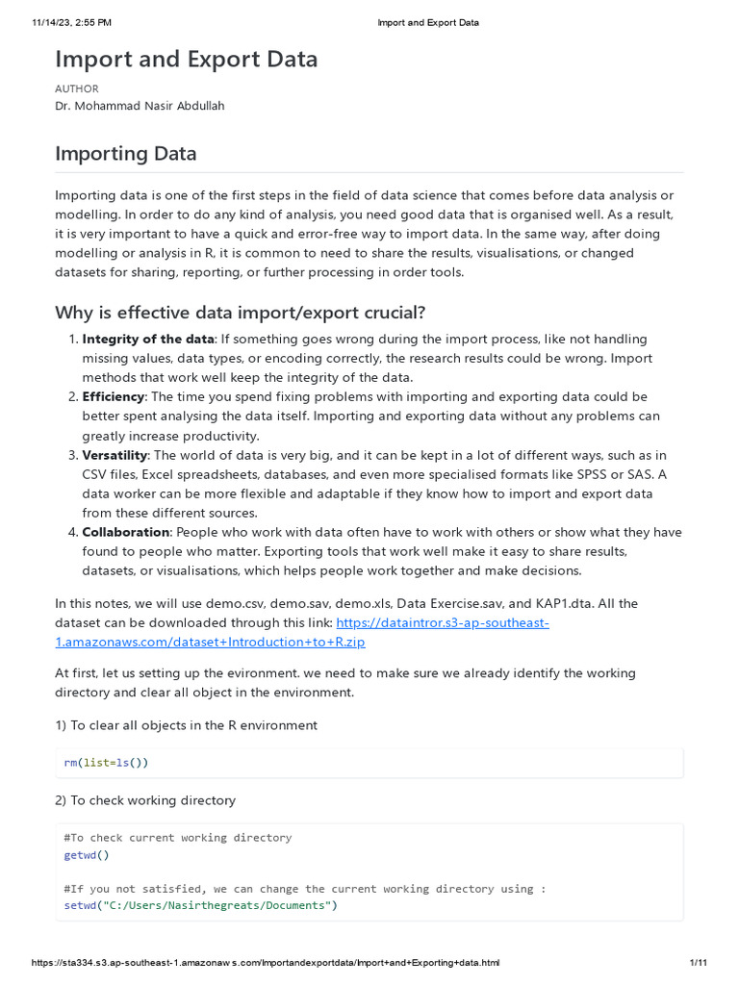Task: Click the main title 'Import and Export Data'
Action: coord(186,59)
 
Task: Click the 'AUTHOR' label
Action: coord(77,88)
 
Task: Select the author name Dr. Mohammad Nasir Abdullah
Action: coord(140,106)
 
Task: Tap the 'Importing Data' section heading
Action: coord(125,153)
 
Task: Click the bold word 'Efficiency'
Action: coord(114,396)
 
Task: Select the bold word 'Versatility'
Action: coord(115,455)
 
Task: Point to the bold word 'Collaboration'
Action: coord(125,532)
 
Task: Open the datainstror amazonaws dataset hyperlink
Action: coord(442,622)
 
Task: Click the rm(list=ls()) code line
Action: coord(107,763)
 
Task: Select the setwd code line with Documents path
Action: coord(200,905)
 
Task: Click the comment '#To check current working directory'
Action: coord(177,837)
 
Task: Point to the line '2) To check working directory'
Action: coord(145,800)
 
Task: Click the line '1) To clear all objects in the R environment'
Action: coord(186,724)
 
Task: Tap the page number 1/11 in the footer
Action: coord(699,963)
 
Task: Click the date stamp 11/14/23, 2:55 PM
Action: coord(72,22)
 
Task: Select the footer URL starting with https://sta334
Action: coord(266,963)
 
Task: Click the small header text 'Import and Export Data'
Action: coord(427,22)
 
